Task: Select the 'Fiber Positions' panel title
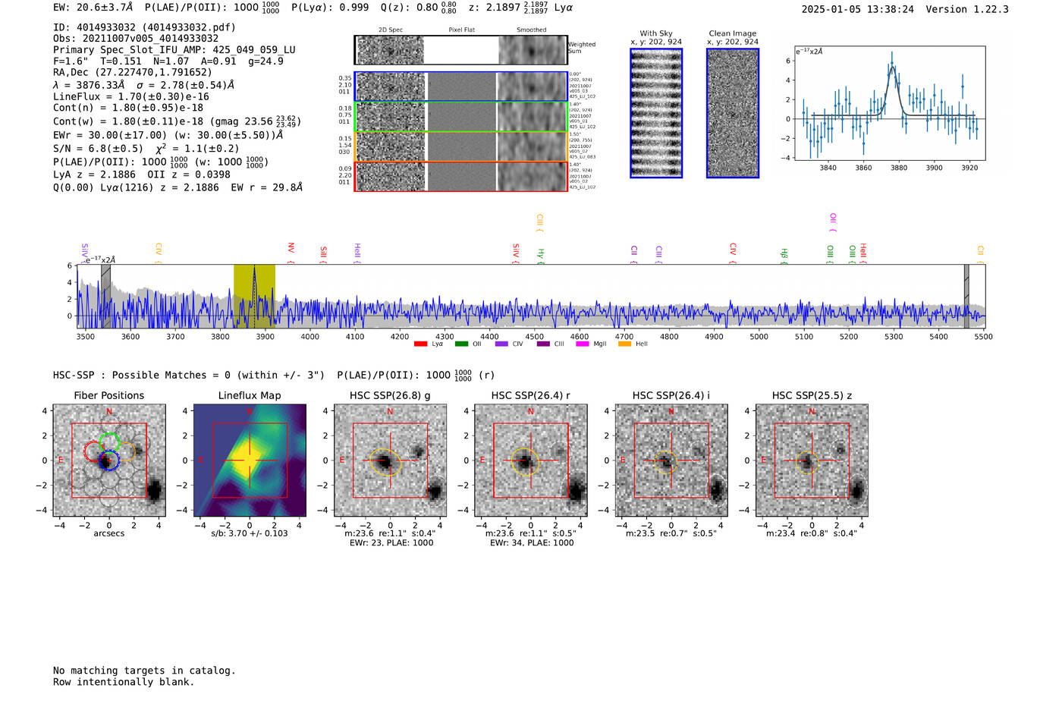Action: pyautogui.click(x=108, y=395)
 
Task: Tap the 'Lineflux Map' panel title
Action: pyautogui.click(x=250, y=395)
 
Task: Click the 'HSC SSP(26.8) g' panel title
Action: pyautogui.click(x=390, y=395)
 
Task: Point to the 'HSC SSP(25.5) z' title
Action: pyautogui.click(x=812, y=395)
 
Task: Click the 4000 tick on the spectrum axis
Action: pyautogui.click(x=310, y=337)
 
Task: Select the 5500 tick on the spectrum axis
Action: pyautogui.click(x=983, y=337)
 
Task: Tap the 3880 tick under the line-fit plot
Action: pyautogui.click(x=899, y=168)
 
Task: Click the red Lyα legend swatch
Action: pyautogui.click(x=420, y=344)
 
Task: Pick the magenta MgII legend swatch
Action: pyautogui.click(x=582, y=344)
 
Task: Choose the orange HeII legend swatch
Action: pyautogui.click(x=624, y=344)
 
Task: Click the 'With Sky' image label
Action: pyautogui.click(x=656, y=33)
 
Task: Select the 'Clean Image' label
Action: pyautogui.click(x=733, y=33)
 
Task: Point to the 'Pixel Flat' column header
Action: pyautogui.click(x=461, y=30)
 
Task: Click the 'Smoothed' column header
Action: pyautogui.click(x=531, y=30)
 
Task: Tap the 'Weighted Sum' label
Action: pyautogui.click(x=581, y=48)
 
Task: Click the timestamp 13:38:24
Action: pyautogui.click(x=888, y=10)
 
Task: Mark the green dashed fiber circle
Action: pyautogui.click(x=109, y=442)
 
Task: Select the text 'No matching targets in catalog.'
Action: pyautogui.click(x=144, y=671)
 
